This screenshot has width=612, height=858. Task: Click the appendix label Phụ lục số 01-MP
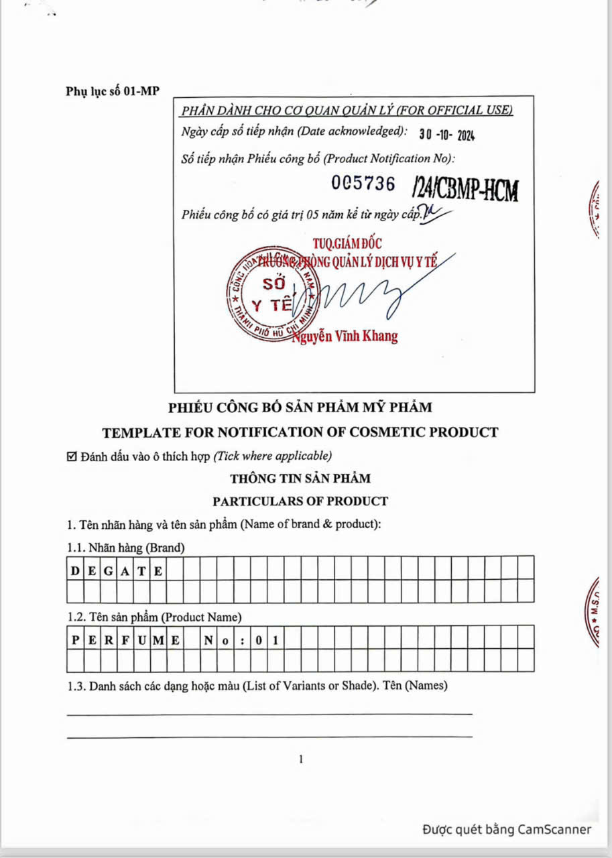(x=113, y=91)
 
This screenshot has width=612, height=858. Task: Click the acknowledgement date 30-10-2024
(x=446, y=134)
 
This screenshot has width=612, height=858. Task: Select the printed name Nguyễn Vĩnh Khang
(x=345, y=336)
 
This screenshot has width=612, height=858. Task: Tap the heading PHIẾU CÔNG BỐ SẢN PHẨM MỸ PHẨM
(x=300, y=407)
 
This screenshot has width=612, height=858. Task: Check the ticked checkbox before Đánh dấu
(x=72, y=457)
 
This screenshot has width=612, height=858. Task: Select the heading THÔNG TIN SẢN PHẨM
(x=300, y=479)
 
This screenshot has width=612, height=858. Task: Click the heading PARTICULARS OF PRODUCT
(x=300, y=501)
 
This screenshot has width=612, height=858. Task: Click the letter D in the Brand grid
(x=75, y=571)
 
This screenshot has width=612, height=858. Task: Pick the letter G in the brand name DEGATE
(x=109, y=571)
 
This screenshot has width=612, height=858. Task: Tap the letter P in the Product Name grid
(x=75, y=640)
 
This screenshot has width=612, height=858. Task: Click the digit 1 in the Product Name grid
(x=276, y=640)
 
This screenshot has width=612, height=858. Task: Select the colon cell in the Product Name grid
(x=242, y=640)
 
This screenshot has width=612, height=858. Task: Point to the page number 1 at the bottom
(x=301, y=759)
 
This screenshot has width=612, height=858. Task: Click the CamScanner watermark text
(x=507, y=830)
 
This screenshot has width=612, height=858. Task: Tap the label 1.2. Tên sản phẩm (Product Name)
(x=155, y=617)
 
